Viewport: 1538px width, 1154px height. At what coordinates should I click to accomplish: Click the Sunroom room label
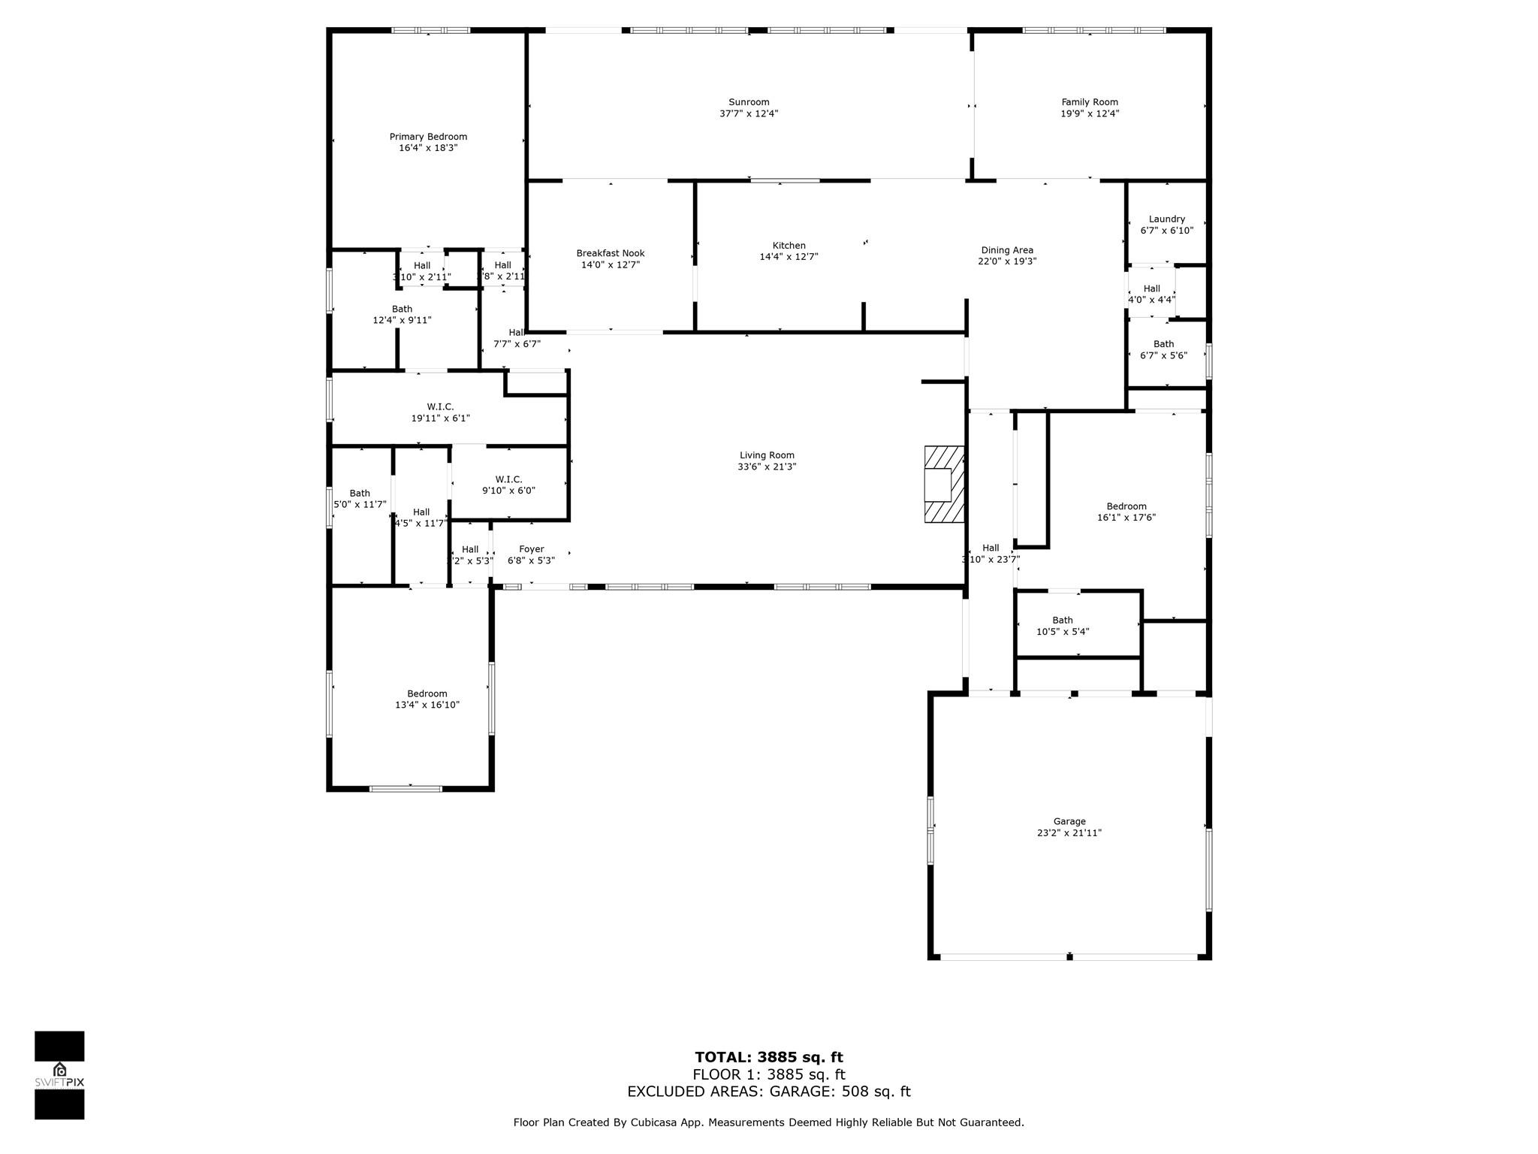tap(749, 102)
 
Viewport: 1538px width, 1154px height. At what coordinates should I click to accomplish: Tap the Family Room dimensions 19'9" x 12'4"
tap(1089, 113)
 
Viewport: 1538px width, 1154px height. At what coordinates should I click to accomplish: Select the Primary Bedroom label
tap(428, 137)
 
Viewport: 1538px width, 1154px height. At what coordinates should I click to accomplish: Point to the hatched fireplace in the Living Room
tap(944, 485)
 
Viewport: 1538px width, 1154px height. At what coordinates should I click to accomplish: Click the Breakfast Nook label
tap(610, 253)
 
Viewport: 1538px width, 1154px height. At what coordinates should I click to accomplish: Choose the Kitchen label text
tap(789, 246)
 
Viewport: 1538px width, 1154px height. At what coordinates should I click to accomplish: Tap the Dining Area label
tap(1006, 250)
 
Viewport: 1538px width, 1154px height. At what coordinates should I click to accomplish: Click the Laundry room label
tap(1166, 219)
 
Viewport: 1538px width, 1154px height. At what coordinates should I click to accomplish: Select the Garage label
tap(1069, 821)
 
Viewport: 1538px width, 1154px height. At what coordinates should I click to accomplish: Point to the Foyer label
tap(531, 549)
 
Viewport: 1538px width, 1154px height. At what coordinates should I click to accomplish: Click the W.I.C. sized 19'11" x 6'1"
tap(440, 412)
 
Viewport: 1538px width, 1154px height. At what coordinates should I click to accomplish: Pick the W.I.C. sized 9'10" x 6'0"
tap(508, 485)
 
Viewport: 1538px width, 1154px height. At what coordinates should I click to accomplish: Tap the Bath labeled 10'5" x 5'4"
tap(1062, 626)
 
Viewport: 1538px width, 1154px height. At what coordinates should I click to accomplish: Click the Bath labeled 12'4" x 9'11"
tap(402, 314)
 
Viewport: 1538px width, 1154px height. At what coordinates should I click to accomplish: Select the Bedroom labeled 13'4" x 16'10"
tap(427, 699)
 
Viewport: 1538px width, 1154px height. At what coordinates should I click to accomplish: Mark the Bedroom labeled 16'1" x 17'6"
tap(1126, 512)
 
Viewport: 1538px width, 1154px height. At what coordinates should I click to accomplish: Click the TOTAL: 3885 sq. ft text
tap(768, 1058)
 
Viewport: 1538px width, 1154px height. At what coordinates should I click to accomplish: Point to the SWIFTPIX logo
tap(59, 1075)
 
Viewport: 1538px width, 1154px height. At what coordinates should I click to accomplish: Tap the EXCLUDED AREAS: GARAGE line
tap(768, 1092)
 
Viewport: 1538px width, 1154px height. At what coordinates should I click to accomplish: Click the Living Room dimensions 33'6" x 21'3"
tap(766, 467)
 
